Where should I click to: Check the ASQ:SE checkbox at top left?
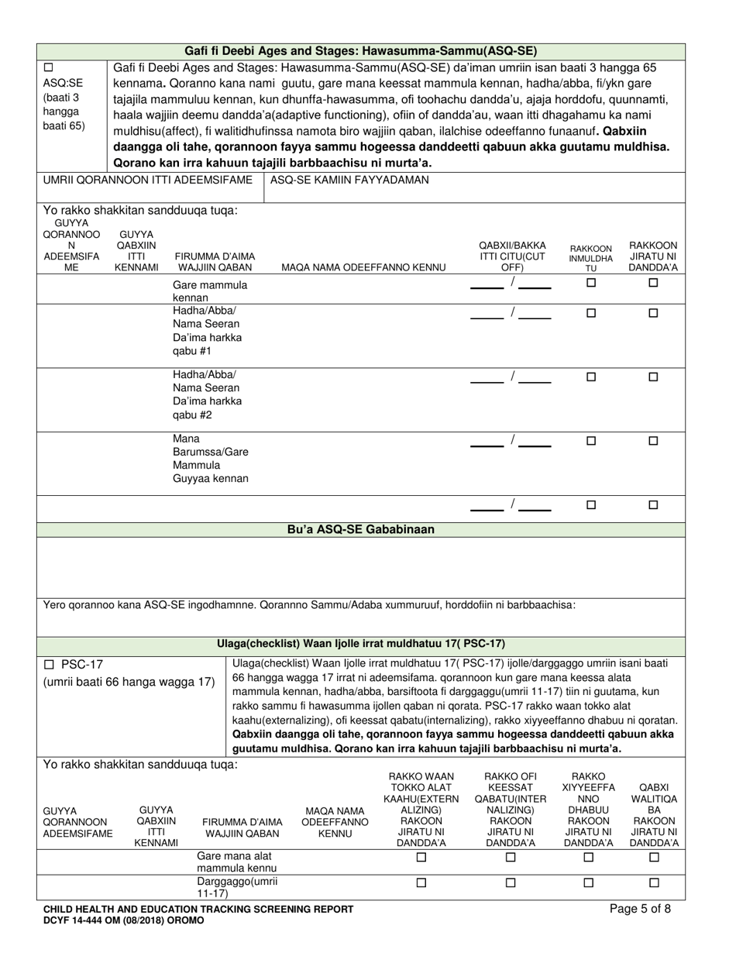coord(49,67)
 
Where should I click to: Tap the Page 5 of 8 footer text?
coord(640,910)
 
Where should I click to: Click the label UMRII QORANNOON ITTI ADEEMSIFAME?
coord(147,180)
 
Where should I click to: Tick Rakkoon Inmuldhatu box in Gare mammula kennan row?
coord(590,284)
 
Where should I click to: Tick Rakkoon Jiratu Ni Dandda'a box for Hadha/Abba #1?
coord(652,313)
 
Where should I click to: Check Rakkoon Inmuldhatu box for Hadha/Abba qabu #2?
coord(590,377)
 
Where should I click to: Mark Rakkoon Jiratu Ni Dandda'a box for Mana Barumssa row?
coord(652,441)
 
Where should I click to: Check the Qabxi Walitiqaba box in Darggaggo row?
coord(653,882)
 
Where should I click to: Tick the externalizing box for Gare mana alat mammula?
coord(421,857)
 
